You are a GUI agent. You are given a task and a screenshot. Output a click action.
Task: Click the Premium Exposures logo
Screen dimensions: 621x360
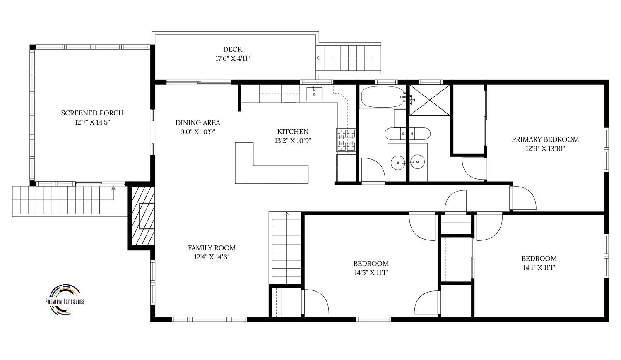(x=65, y=300)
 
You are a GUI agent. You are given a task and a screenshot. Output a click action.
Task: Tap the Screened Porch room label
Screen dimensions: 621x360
(x=92, y=113)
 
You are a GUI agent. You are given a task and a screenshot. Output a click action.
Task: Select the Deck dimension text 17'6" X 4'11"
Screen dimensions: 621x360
(x=233, y=58)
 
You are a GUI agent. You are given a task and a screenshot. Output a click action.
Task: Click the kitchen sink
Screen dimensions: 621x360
(x=314, y=94)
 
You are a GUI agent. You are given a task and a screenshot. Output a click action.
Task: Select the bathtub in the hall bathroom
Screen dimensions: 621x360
(x=383, y=97)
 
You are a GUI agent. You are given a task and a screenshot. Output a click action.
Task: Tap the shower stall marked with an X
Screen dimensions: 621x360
(x=430, y=100)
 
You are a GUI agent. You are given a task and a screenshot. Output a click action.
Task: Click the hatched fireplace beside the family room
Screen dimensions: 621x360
(x=143, y=216)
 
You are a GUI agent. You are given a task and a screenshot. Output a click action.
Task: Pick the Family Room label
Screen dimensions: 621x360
(x=212, y=248)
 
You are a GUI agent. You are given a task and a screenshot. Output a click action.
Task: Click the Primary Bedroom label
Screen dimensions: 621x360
(x=545, y=139)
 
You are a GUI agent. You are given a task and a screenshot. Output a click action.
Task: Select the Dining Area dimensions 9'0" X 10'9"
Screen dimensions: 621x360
(x=198, y=132)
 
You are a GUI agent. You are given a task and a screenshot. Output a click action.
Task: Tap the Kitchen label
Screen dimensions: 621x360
(x=293, y=131)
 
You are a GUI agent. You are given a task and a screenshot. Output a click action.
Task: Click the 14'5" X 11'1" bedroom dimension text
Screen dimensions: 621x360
(x=371, y=273)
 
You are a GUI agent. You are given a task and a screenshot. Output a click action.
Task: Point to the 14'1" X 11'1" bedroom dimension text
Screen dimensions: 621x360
(x=539, y=268)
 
